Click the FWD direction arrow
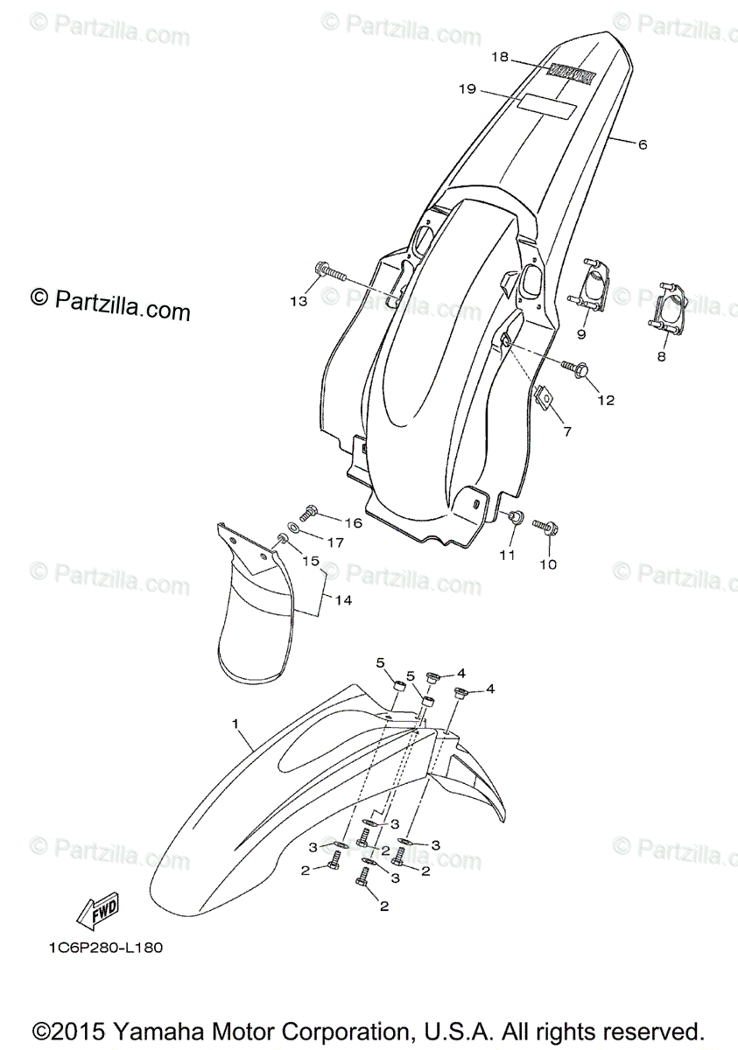[x=97, y=912]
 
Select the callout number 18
[x=499, y=58]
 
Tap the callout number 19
[x=466, y=88]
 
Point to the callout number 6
[x=642, y=144]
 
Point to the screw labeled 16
[x=308, y=513]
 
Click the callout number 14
[x=343, y=601]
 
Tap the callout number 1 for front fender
[x=235, y=724]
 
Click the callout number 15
[x=312, y=561]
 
